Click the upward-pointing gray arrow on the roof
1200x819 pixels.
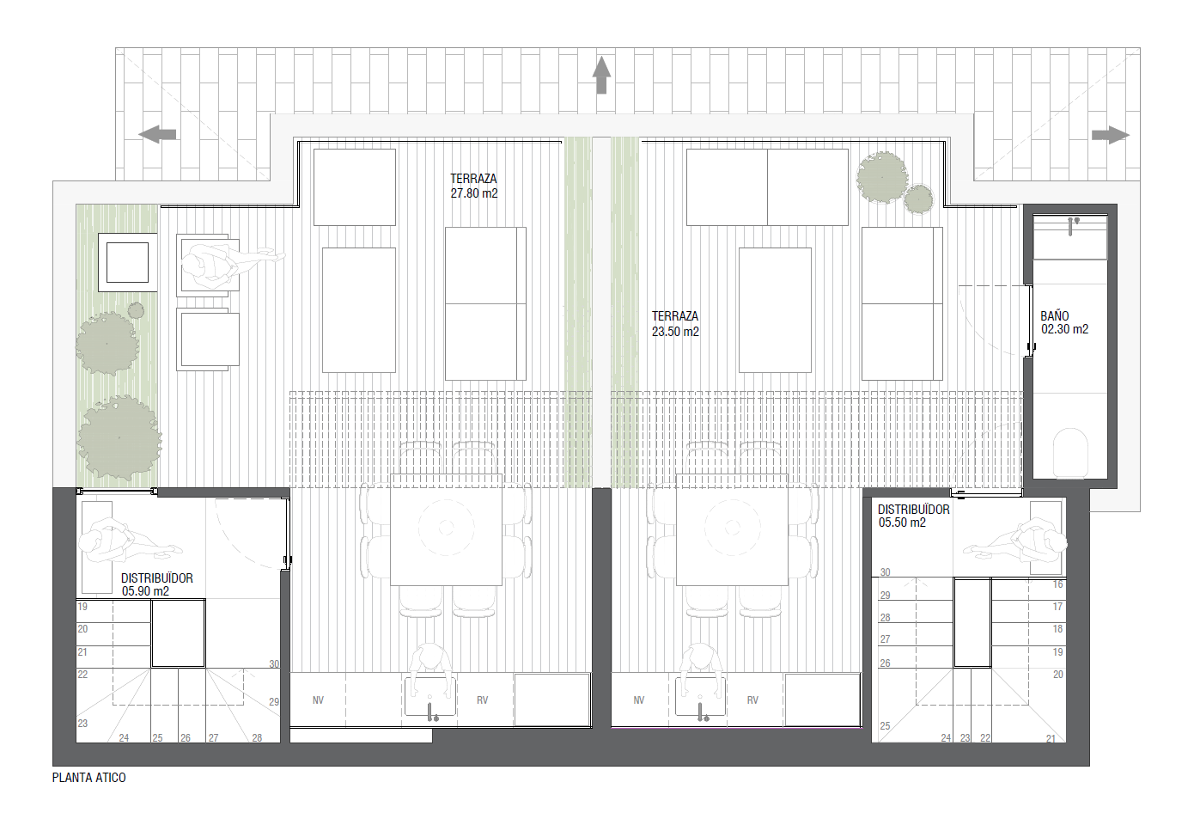tap(601, 75)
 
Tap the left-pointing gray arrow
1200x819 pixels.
tap(157, 134)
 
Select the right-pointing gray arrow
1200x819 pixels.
tap(1111, 135)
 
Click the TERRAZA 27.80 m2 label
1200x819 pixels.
tap(473, 186)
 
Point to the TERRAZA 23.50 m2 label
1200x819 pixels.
tap(675, 324)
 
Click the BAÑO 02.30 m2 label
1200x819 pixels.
tap(1064, 322)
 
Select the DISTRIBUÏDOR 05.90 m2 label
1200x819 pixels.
tap(156, 584)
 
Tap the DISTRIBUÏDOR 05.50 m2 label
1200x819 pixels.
tap(913, 516)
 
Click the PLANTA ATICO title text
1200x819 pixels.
tap(89, 778)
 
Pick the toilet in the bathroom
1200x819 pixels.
tap(1070, 453)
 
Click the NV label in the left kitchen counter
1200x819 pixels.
tap(318, 700)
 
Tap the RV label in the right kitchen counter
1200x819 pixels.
tap(752, 700)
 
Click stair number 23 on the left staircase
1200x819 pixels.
tap(82, 723)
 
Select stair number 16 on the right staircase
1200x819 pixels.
tap(1057, 584)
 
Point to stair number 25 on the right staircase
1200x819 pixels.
tap(885, 725)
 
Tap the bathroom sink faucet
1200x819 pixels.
tap(1071, 225)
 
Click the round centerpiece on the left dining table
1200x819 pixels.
tap(446, 528)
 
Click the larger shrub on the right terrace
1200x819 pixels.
tap(882, 177)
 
